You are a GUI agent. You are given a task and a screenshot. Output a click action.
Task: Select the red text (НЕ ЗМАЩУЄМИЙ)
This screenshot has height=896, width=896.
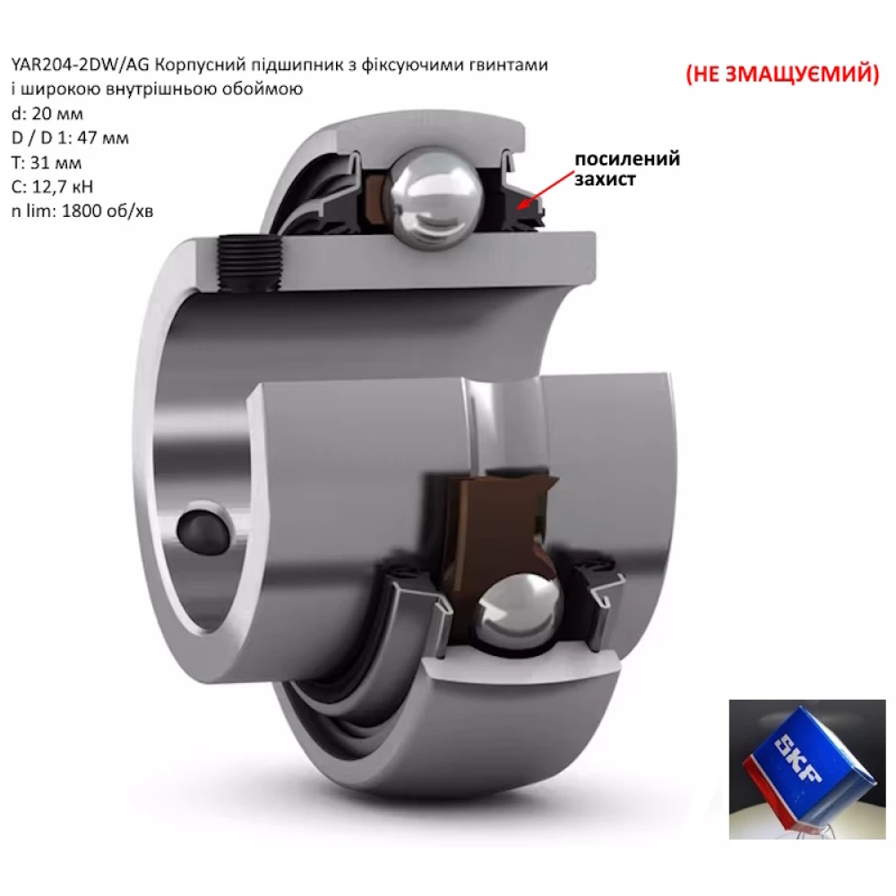[x=782, y=73]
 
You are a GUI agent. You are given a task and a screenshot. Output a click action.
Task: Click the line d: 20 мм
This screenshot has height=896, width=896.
[x=47, y=115]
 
